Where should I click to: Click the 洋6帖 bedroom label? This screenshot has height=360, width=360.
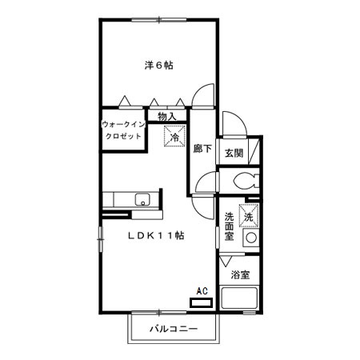[x=158, y=66]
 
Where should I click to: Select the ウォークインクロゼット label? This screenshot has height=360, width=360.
[x=123, y=130]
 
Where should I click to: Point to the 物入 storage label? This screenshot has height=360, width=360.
[x=168, y=117]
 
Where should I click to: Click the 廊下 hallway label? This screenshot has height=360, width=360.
[x=202, y=149]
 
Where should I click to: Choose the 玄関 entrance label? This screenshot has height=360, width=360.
[x=234, y=152]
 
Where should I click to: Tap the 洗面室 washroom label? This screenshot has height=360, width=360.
[x=229, y=226]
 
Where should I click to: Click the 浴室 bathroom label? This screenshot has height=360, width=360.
[x=239, y=275]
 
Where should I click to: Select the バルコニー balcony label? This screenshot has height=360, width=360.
[x=173, y=330]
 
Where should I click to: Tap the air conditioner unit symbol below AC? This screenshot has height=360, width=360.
[x=201, y=303]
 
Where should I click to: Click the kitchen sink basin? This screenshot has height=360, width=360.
[x=142, y=200]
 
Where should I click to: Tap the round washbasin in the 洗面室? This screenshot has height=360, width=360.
[x=251, y=238]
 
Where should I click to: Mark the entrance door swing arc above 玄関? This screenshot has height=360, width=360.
[x=233, y=124]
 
